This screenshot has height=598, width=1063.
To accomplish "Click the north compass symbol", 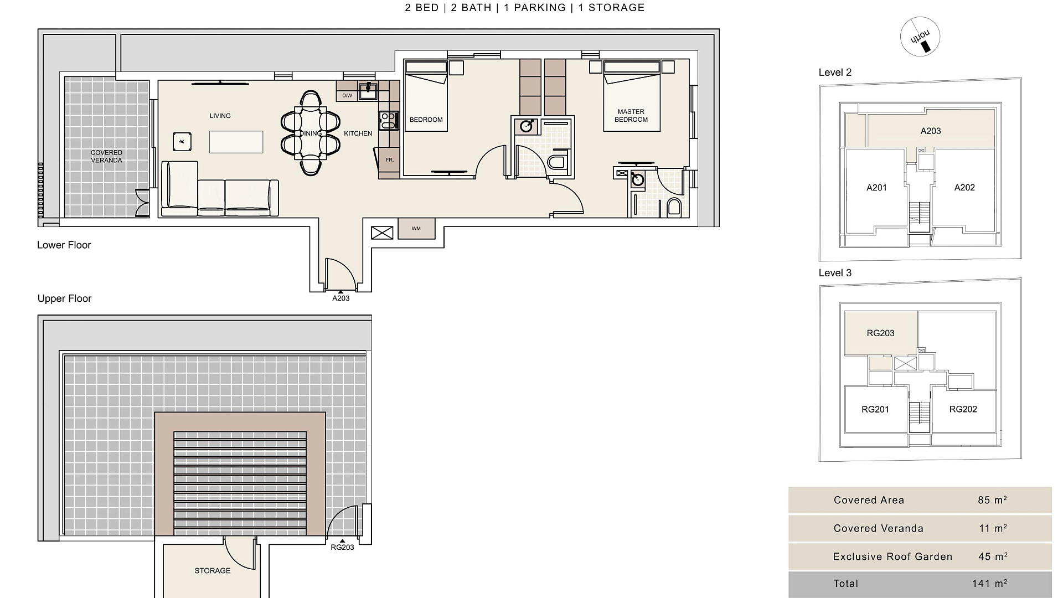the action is (x=920, y=37).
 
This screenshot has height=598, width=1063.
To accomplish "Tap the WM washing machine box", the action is (x=416, y=229).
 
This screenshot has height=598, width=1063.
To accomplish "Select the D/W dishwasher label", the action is (x=347, y=96).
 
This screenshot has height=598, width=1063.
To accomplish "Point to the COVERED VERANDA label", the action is (x=106, y=157).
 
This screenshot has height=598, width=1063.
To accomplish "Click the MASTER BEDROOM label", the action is (x=631, y=116).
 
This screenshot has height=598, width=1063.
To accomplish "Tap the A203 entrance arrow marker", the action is (x=340, y=291).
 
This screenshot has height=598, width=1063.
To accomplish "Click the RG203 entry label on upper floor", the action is (x=342, y=548).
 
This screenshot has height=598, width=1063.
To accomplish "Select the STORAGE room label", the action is (x=213, y=571).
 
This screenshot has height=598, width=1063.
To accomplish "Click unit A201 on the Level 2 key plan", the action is (x=876, y=188).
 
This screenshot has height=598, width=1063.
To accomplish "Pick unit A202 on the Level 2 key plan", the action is (x=964, y=188).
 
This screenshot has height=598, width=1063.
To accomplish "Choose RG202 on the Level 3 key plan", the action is (x=963, y=410).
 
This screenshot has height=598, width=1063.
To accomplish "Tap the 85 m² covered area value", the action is (x=992, y=500).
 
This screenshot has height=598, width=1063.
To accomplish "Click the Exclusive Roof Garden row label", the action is (x=892, y=557).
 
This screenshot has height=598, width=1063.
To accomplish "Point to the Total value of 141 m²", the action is (x=989, y=584).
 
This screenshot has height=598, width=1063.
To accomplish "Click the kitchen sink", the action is (x=368, y=91).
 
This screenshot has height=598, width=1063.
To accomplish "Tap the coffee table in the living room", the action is (x=236, y=142).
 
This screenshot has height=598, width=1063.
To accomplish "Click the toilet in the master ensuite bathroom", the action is (x=674, y=208).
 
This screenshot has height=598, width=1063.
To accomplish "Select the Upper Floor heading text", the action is (x=64, y=298).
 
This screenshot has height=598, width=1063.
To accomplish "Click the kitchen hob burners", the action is (x=389, y=121).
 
